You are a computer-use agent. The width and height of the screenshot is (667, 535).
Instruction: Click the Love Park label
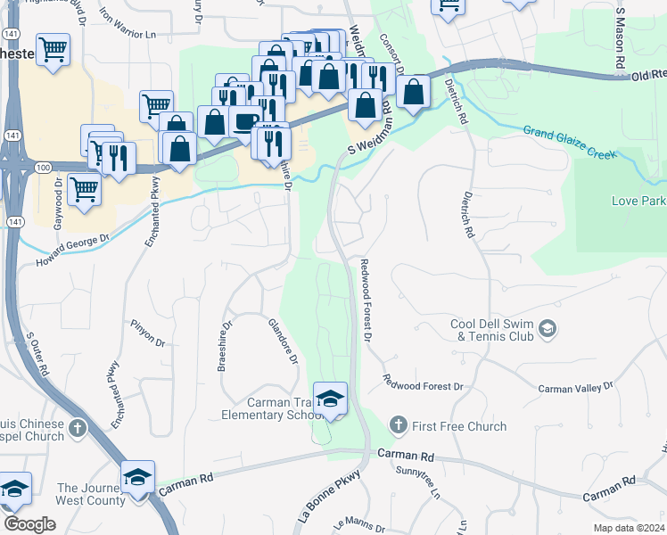(638, 201)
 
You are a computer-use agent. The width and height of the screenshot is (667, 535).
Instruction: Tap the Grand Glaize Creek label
(570, 144)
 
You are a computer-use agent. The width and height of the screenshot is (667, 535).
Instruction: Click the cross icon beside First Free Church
(398, 424)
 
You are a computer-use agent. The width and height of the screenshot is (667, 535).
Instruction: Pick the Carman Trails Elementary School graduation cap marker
(330, 399)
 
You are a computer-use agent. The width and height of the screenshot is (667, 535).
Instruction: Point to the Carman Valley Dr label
(576, 388)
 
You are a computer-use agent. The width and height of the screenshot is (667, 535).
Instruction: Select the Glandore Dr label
(284, 341)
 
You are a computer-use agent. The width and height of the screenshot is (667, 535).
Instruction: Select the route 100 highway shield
(42, 166)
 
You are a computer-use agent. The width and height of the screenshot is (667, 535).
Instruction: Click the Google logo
(29, 523)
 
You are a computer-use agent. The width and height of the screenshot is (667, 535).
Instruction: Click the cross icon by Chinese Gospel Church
(78, 429)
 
